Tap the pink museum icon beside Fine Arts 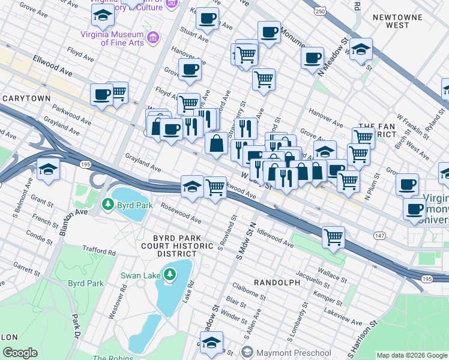(x=152, y=38)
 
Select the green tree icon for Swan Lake (x=170, y=274)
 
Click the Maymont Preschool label (x=292, y=352)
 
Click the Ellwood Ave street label (x=53, y=73)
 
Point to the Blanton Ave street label (x=73, y=212)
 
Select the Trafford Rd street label (x=99, y=251)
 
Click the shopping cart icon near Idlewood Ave (x=333, y=236)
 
